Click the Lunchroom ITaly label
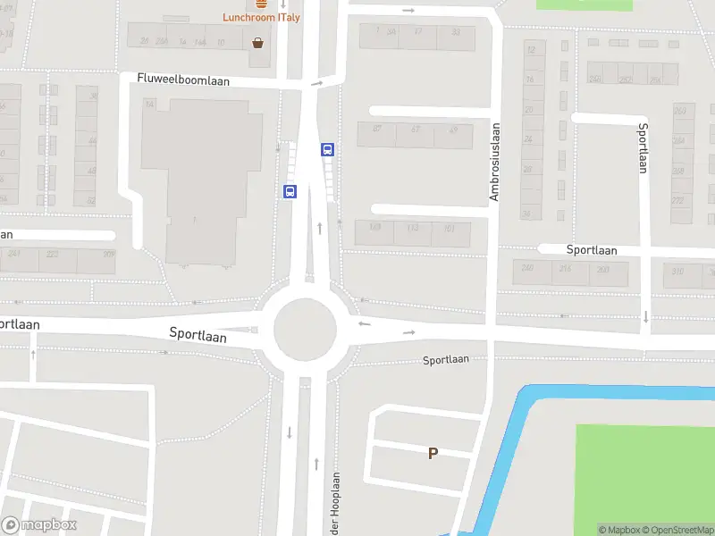pyautogui.click(x=261, y=18)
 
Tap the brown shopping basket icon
pyautogui.click(x=258, y=42)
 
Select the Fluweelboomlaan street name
pyautogui.click(x=183, y=80)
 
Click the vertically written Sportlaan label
pyautogui.click(x=642, y=147)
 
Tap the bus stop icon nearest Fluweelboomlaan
pyautogui.click(x=328, y=150)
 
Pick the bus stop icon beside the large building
pyautogui.click(x=290, y=191)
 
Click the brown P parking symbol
pyautogui.click(x=433, y=453)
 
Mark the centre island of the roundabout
pyautogui.click(x=305, y=329)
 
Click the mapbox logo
pyautogui.click(x=39, y=525)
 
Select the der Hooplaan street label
pyautogui.click(x=336, y=504)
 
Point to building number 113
pyautogui.click(x=412, y=228)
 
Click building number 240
pyautogui.click(x=527, y=268)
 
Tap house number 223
pyautogui.click(x=53, y=254)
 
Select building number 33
pyautogui.click(x=456, y=32)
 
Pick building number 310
pyautogui.click(x=678, y=272)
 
